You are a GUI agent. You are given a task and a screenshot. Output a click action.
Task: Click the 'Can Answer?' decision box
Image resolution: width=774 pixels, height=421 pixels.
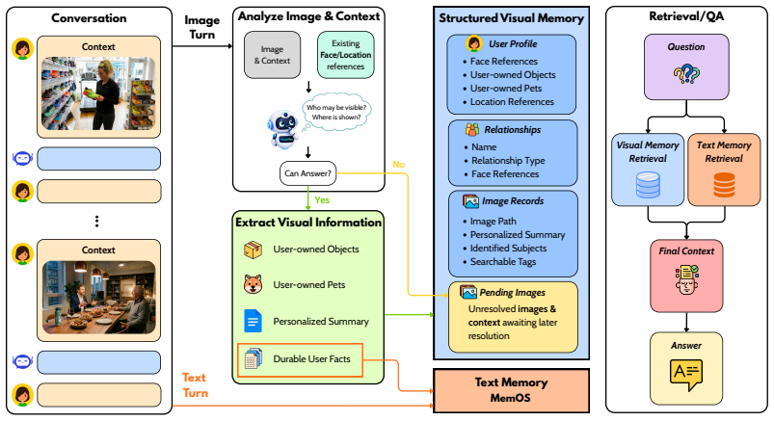coord(308,173)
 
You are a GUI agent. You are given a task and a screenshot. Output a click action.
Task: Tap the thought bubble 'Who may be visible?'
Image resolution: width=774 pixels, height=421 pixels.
coord(336,112)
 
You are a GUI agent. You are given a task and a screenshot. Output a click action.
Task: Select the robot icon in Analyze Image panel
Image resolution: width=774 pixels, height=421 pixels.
coord(282,129)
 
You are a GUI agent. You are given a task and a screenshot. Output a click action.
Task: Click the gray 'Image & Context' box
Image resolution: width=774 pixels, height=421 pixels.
coord(272,55)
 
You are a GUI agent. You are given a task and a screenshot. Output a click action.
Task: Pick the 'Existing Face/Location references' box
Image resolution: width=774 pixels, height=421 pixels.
coord(345,55)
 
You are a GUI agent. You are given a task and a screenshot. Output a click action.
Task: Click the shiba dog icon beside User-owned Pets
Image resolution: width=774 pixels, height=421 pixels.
coord(254,284)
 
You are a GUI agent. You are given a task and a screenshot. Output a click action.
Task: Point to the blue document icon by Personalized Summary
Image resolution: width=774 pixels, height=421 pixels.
coord(254,321)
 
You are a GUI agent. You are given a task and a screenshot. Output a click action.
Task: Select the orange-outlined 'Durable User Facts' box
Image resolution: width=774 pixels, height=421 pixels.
coord(300,360)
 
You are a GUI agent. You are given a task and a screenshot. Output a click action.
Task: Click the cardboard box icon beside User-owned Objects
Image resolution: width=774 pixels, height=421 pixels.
coord(254,250)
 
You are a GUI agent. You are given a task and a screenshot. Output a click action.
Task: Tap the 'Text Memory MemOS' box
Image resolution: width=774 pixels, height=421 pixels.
coord(512,390)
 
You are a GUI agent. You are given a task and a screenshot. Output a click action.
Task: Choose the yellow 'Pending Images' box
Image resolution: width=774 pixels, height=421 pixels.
coord(513,317)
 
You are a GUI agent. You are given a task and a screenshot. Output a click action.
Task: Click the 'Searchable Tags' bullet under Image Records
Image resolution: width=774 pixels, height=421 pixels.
coord(503,262)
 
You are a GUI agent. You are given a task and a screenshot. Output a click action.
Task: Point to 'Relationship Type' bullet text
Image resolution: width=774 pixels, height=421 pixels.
coord(508,161)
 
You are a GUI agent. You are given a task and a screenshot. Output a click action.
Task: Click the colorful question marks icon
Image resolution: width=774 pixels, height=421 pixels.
coord(686,74)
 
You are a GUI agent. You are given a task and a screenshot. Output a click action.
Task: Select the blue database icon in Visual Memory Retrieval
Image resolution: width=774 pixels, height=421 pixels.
coord(648,185)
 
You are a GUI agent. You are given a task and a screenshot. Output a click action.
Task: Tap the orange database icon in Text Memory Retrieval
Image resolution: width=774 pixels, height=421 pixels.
coord(724,185)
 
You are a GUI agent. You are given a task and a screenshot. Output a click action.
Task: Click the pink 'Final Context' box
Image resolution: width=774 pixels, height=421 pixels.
coord(686,276)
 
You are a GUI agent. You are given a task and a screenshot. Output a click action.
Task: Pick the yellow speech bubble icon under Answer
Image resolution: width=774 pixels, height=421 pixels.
coord(686,375)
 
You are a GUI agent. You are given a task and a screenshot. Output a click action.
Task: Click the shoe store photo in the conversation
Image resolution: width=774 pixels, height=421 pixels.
coord(98,93)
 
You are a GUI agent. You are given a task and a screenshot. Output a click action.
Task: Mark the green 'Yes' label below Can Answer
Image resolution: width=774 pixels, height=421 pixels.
coord(322,199)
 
